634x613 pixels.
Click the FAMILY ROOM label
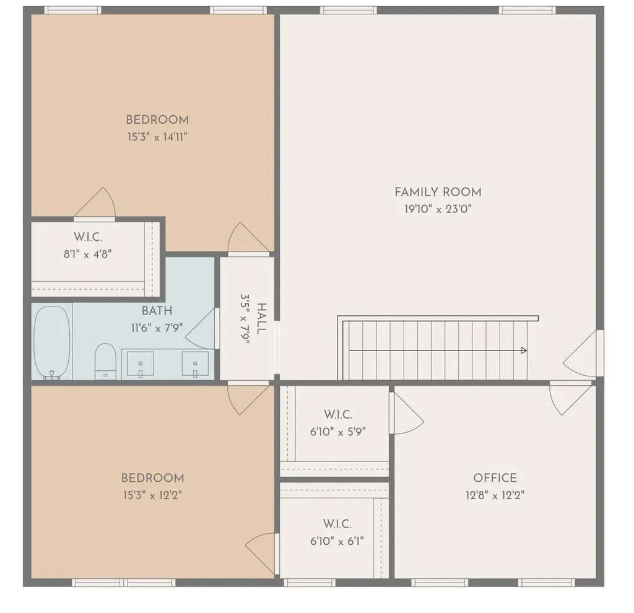click(438, 192)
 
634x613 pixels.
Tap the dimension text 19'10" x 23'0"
click(438, 209)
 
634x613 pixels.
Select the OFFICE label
click(495, 478)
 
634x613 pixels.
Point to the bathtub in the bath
click(52, 342)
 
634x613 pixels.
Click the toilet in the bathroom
click(105, 362)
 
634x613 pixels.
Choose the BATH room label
click(157, 311)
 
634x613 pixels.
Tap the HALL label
click(262, 319)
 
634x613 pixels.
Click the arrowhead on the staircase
click(524, 350)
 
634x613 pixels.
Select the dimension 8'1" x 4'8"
click(87, 254)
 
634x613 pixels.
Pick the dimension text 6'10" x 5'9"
click(337, 432)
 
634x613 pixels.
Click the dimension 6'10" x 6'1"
click(337, 541)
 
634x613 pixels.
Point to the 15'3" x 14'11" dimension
click(157, 137)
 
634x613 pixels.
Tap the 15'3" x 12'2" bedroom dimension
click(152, 495)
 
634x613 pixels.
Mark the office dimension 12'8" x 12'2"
click(495, 495)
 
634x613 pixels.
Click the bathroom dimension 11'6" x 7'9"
click(157, 328)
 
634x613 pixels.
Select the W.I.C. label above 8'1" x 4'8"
click(88, 237)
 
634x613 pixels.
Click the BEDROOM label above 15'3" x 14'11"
click(157, 120)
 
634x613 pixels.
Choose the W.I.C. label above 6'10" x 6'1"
click(337, 524)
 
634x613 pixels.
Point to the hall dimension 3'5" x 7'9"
click(245, 319)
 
